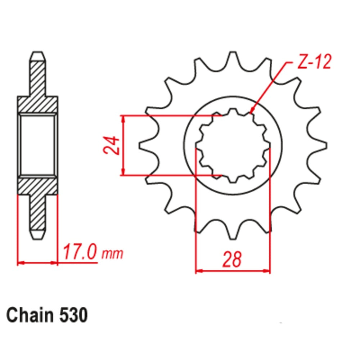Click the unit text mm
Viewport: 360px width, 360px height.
(112, 254)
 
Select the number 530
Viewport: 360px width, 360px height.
(72, 316)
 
